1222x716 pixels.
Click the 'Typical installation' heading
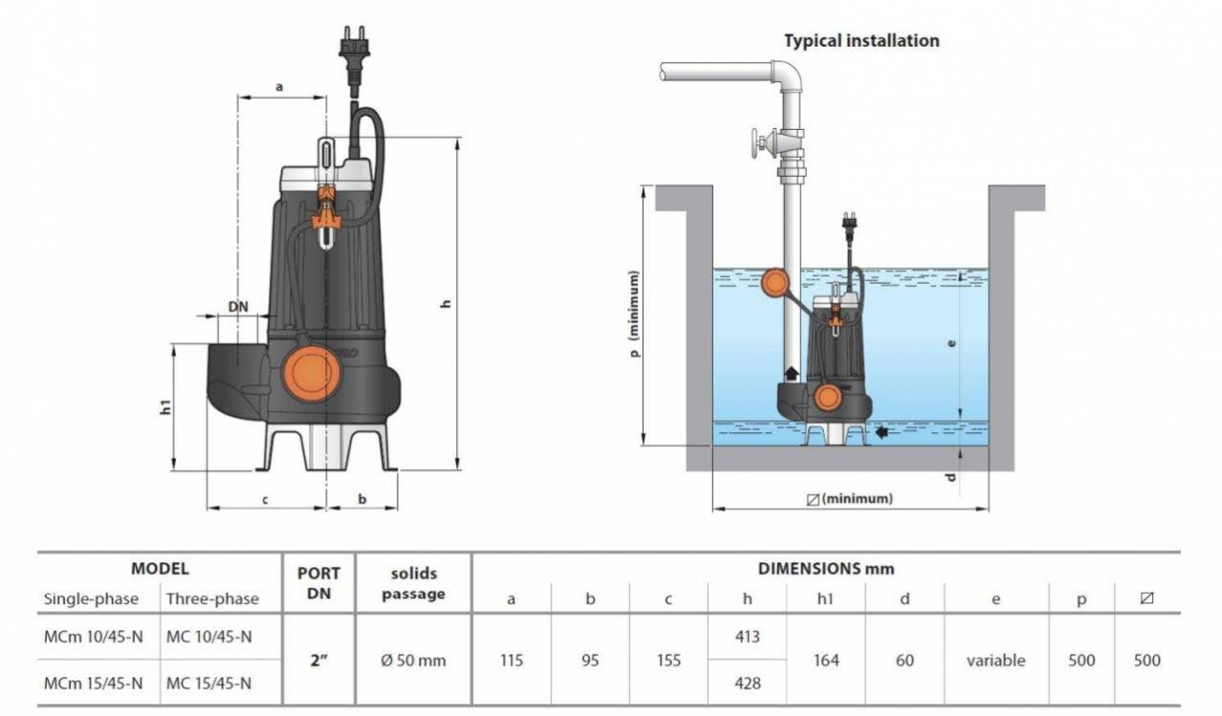(x=861, y=41)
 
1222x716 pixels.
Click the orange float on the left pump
(x=312, y=372)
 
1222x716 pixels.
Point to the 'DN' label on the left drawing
(x=238, y=307)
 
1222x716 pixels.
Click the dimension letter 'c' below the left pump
(x=265, y=498)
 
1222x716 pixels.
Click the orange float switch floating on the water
(x=775, y=282)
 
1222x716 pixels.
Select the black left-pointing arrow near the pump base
(x=881, y=432)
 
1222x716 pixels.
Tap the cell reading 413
(x=747, y=637)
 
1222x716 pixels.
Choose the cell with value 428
(x=747, y=683)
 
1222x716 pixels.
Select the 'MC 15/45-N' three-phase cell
(x=208, y=683)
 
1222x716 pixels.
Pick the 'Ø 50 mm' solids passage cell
(x=413, y=660)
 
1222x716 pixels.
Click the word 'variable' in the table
(x=995, y=660)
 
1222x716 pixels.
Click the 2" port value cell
(x=319, y=660)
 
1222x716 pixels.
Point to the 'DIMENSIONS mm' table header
(x=826, y=568)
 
